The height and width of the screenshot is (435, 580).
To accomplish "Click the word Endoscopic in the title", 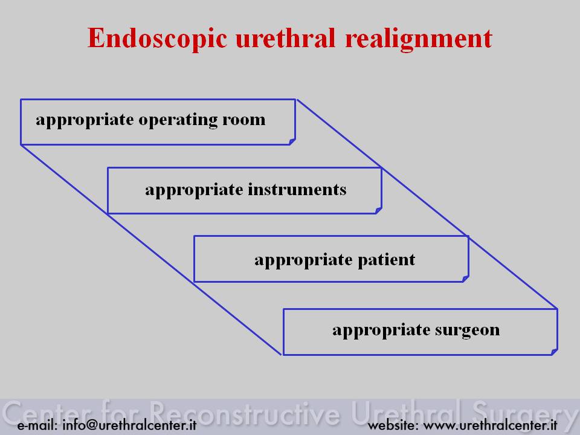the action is click(157, 39).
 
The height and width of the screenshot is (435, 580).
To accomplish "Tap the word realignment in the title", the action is click(418, 39).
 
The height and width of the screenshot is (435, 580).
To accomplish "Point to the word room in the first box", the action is click(243, 120).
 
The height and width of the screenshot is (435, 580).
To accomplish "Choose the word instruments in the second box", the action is click(297, 189).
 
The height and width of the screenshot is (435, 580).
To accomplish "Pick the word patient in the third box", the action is click(386, 260).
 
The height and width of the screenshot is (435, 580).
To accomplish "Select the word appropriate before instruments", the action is click(194, 190).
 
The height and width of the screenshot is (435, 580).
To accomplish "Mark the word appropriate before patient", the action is click(304, 260).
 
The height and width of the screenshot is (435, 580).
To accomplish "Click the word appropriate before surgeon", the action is click(381, 330).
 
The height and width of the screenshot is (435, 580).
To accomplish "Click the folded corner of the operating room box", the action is click(292, 141).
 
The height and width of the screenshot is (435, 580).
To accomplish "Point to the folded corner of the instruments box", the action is click(378, 210).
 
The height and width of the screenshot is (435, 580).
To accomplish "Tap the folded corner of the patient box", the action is click(466, 279).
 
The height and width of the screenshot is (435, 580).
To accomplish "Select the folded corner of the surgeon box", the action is click(554, 352).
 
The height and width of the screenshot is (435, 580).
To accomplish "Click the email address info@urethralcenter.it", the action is click(129, 425).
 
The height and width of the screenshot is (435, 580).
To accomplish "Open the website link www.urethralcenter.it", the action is click(490, 425).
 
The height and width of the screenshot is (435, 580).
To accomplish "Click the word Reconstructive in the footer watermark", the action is click(245, 413).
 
